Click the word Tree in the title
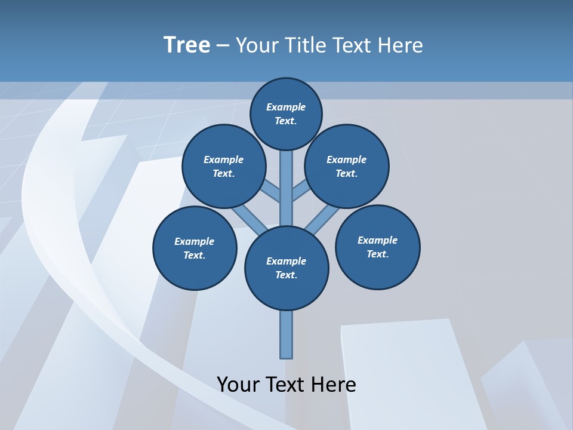coord(187,45)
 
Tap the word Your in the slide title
coord(257,45)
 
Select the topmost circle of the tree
coord(286,113)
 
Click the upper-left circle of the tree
coord(223,166)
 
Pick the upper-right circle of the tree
coord(347,166)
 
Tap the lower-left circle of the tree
coord(195,248)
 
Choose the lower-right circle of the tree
coord(377,247)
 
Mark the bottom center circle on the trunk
coord(286,268)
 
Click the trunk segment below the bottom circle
coord(286,334)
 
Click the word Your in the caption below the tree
coord(238,384)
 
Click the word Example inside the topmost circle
coord(286,107)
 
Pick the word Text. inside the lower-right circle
coord(377,254)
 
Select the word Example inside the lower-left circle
coord(195,241)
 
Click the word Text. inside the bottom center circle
coord(286,275)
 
